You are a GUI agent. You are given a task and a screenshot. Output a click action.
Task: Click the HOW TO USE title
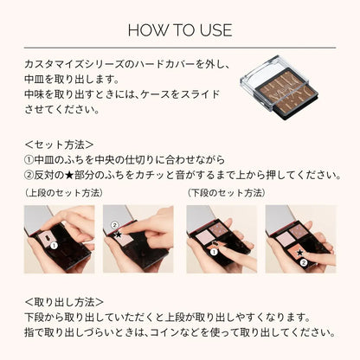point(179,30)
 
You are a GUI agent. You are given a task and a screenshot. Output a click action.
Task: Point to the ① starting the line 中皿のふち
point(29,159)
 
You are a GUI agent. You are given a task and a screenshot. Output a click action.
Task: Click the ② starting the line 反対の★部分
point(29,175)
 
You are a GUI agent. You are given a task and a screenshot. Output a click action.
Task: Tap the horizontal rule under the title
point(179,47)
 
